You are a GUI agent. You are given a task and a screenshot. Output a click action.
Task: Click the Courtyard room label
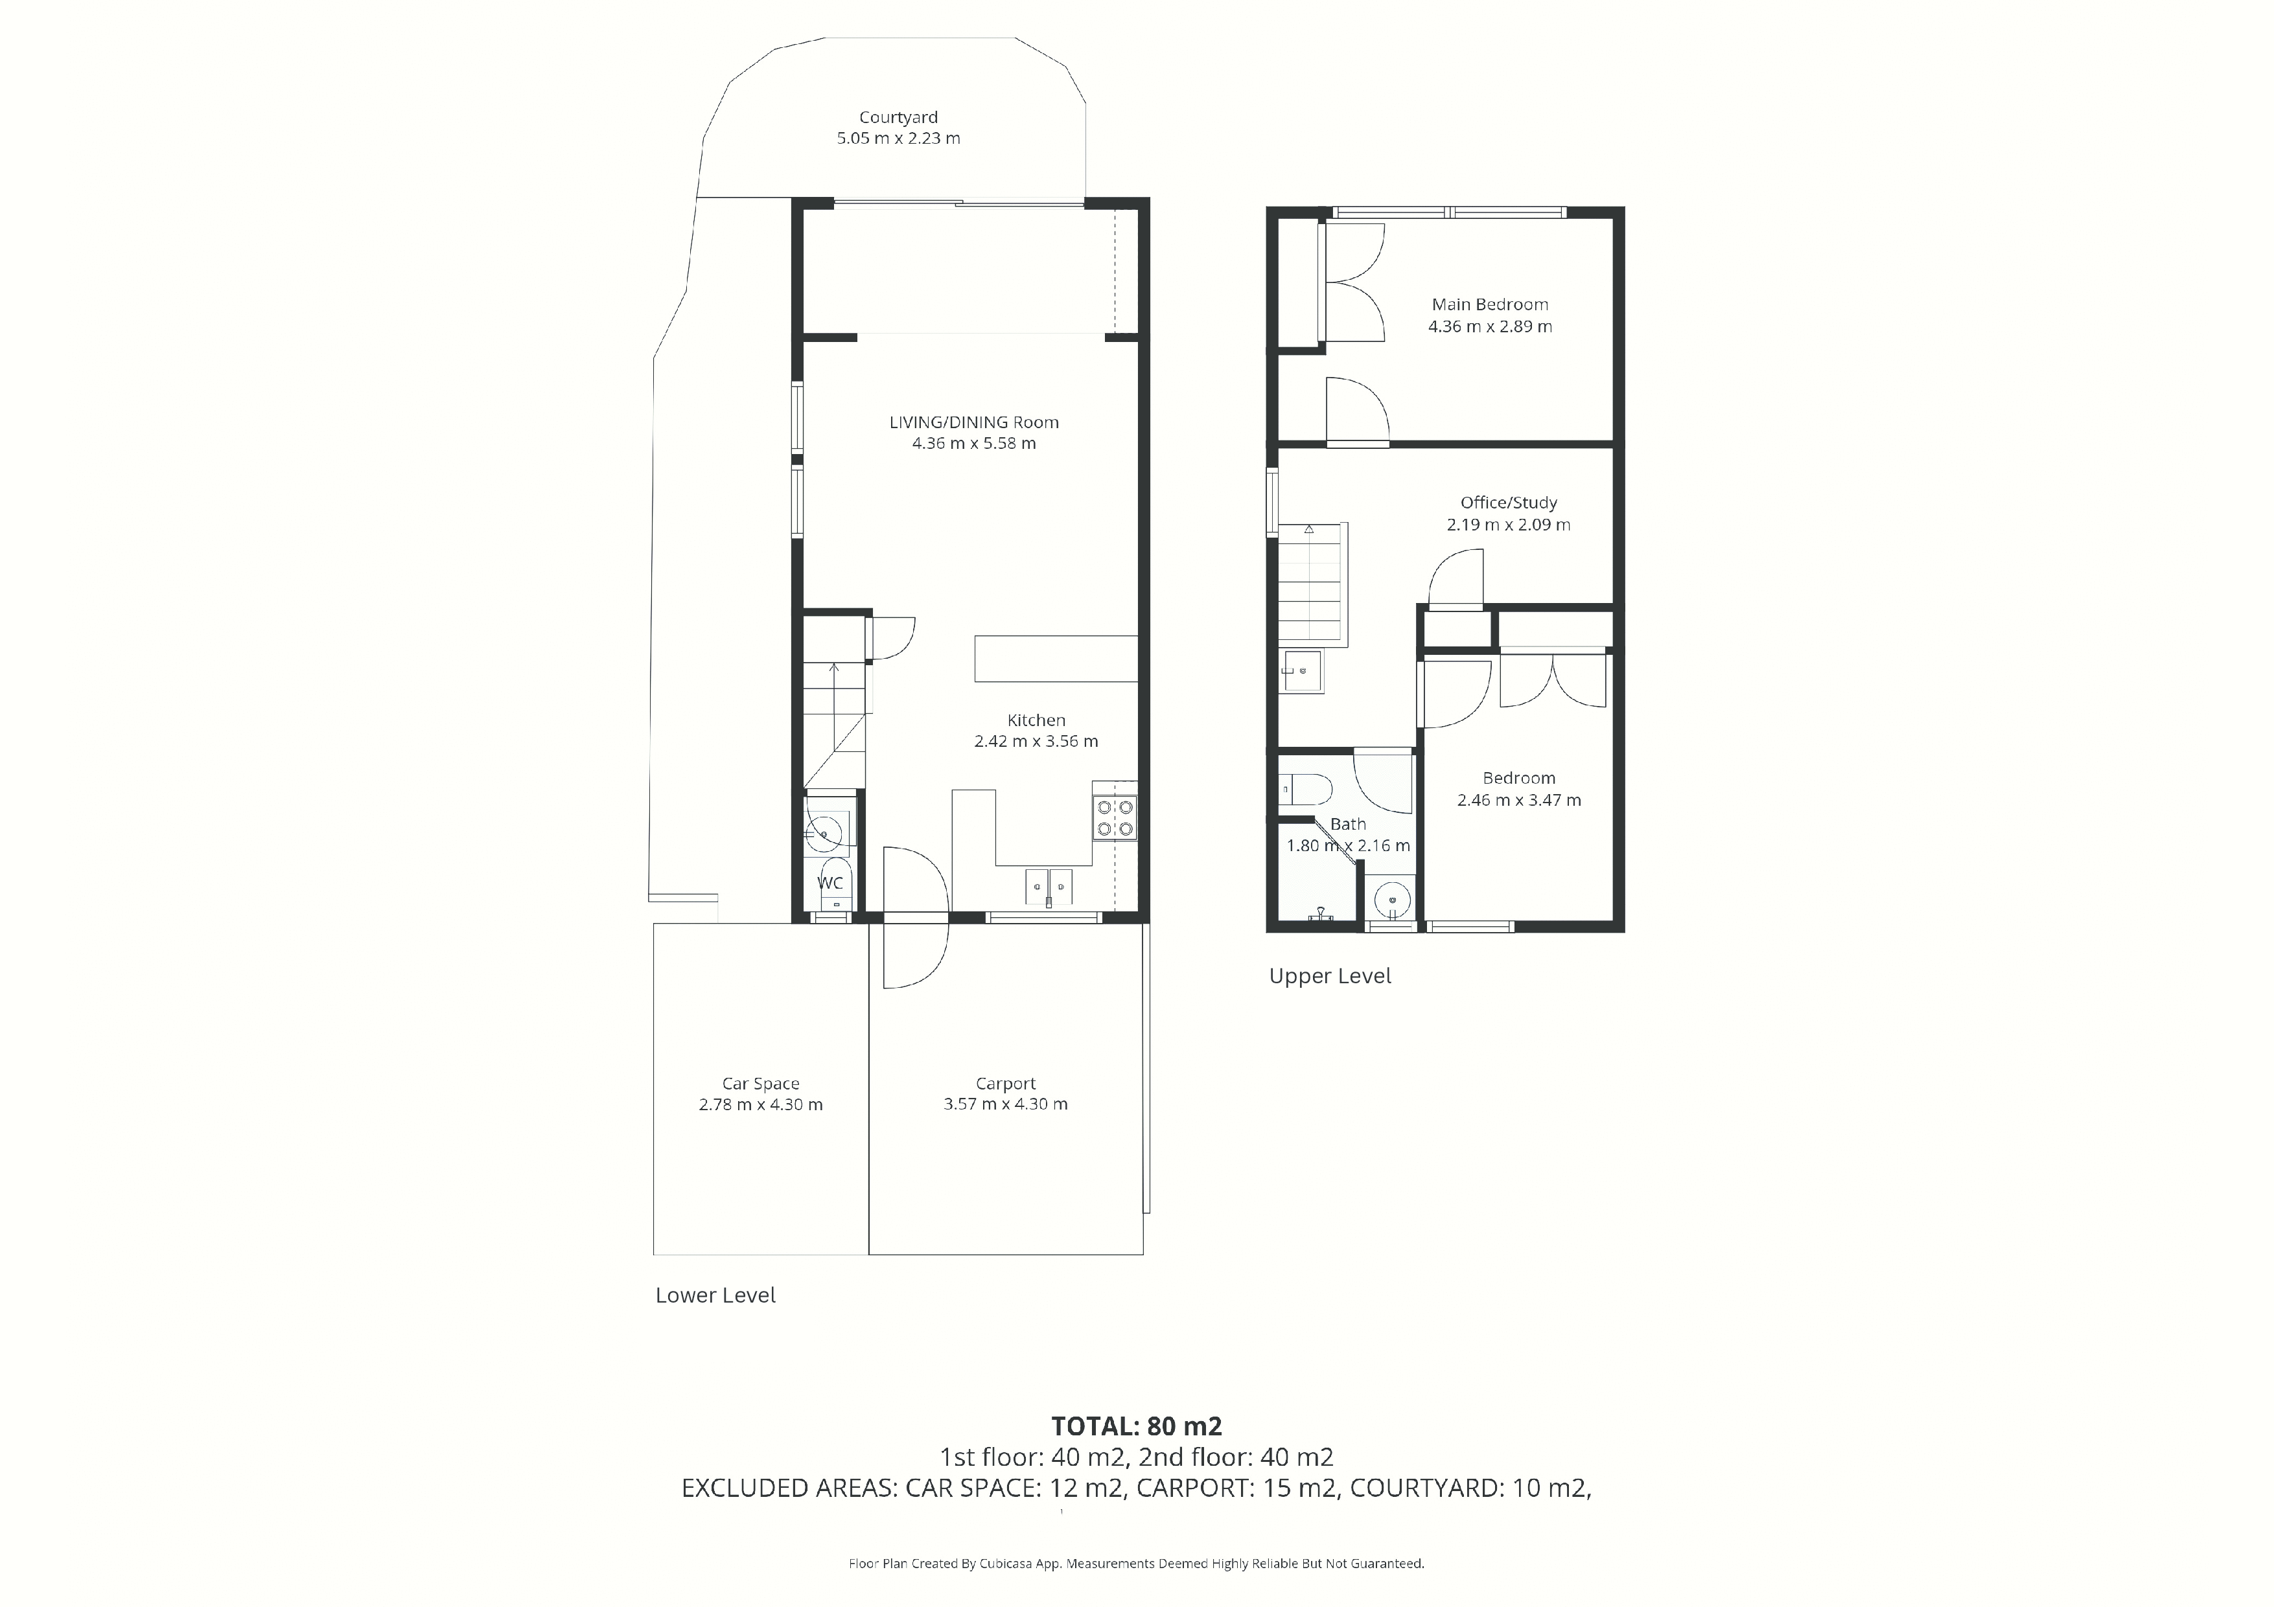[898, 117]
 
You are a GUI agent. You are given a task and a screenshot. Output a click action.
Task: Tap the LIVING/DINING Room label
[973, 422]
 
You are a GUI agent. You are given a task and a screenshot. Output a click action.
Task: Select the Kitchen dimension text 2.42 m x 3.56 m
[1036, 740]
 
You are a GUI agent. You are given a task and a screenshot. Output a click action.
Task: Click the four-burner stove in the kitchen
[1115, 819]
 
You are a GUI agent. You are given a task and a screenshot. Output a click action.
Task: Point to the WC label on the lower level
[830, 882]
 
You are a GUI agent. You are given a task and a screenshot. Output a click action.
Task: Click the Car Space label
[761, 1083]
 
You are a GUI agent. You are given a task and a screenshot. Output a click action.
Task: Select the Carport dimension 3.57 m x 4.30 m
[1005, 1104]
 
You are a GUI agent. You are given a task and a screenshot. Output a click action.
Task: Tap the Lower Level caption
[715, 1295]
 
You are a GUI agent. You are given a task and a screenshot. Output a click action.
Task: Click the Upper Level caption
[1330, 975]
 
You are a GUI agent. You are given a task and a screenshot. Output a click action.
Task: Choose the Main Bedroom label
[1490, 304]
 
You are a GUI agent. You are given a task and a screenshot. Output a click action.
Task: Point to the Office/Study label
[1509, 502]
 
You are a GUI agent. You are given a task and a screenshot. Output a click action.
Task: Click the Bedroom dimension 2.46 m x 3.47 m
[1518, 800]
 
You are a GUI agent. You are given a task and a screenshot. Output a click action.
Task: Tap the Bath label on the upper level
[1348, 824]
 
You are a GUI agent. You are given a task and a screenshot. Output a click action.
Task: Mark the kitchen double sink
[1048, 886]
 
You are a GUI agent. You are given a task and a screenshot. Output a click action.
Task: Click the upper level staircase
[1312, 584]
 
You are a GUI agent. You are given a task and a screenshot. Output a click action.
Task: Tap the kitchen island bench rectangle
[1056, 659]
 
